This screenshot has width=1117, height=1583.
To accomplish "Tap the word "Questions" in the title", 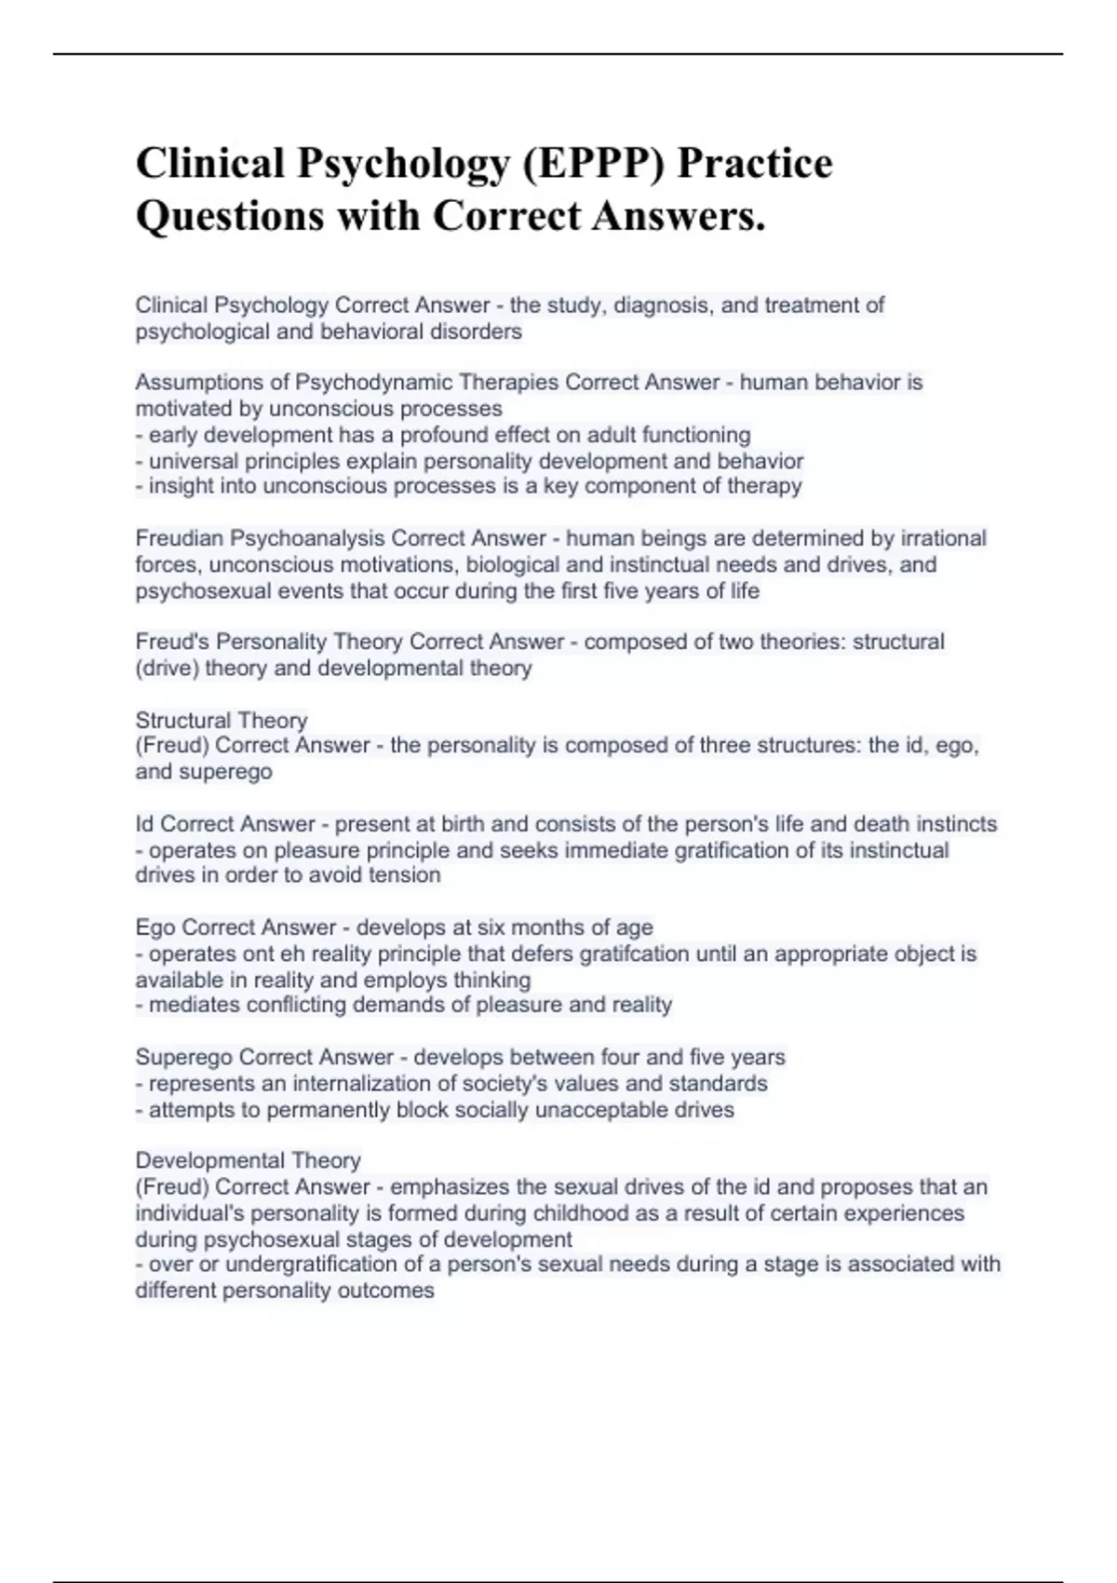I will [x=229, y=216].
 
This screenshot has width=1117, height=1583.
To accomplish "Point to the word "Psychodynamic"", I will [x=361, y=383].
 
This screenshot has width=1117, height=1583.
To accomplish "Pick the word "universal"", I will [x=193, y=461].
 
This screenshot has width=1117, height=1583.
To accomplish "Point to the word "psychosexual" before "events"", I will [x=193, y=590].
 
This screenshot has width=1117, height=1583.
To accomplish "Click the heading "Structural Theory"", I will [x=221, y=720].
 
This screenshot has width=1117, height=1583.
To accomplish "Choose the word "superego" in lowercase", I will [x=229, y=772].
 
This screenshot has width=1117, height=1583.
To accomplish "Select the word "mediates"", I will [x=191, y=1005].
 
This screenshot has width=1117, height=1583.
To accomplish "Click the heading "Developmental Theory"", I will [x=248, y=1160].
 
